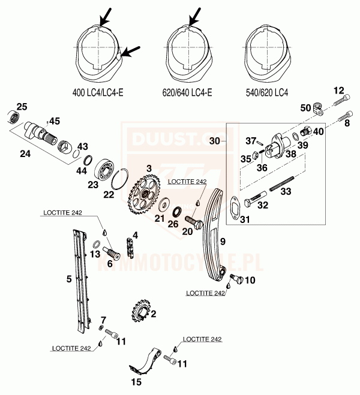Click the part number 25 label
coord(22,107)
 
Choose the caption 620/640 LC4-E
coord(188,93)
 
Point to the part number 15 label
coord(136,382)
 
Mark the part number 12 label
coord(339,91)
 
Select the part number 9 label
coord(222,242)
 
